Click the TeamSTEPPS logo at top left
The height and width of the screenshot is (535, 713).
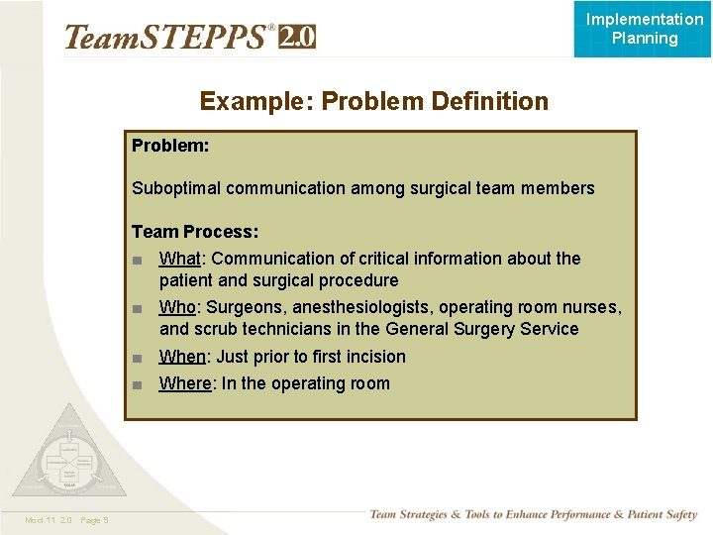168,38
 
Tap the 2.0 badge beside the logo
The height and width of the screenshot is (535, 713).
297,38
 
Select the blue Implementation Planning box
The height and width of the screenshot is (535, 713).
644,29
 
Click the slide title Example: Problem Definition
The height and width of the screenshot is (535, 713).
373,101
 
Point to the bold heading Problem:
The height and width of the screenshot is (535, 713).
170,145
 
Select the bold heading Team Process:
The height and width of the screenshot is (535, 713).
195,232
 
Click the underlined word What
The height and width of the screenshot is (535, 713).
179,259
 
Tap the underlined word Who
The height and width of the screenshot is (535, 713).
177,307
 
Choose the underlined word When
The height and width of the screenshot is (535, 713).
182,357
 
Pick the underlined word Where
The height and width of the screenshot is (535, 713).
185,383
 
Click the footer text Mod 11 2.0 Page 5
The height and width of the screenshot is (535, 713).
67,520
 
